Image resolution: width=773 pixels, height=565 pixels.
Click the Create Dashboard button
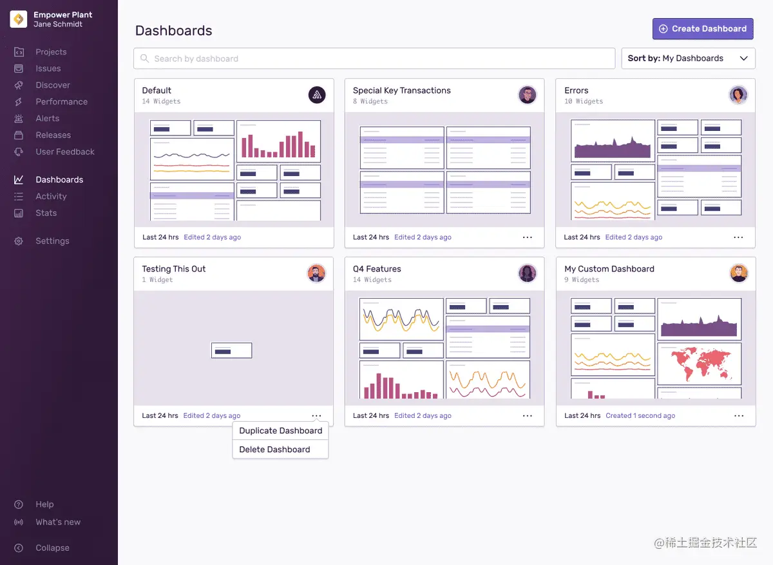click(x=703, y=29)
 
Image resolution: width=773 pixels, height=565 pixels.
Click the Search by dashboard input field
click(x=374, y=59)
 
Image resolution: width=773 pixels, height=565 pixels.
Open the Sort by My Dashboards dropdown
click(x=688, y=59)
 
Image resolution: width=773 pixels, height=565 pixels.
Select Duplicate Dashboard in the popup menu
click(x=280, y=431)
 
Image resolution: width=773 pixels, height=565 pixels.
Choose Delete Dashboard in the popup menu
click(x=274, y=450)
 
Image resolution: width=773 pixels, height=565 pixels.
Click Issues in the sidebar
click(x=48, y=68)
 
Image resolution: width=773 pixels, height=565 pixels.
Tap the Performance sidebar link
click(x=61, y=102)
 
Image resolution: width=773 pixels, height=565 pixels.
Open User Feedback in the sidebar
click(x=64, y=152)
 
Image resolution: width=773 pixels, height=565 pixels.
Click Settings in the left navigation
click(x=52, y=241)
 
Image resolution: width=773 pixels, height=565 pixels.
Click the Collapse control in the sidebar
click(x=52, y=548)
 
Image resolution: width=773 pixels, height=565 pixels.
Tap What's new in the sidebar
click(x=58, y=522)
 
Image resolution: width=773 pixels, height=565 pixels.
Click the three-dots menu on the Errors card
click(x=738, y=237)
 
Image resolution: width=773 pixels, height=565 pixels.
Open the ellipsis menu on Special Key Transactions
click(x=528, y=237)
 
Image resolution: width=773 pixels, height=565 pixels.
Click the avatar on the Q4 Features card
click(x=527, y=273)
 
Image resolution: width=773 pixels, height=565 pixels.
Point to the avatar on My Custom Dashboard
click(x=738, y=273)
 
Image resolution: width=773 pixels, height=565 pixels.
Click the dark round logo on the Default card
click(x=316, y=95)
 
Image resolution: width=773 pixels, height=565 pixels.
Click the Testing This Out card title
click(x=174, y=269)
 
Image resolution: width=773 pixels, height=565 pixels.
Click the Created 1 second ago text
click(x=640, y=416)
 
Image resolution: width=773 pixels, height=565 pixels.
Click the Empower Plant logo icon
click(x=18, y=19)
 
